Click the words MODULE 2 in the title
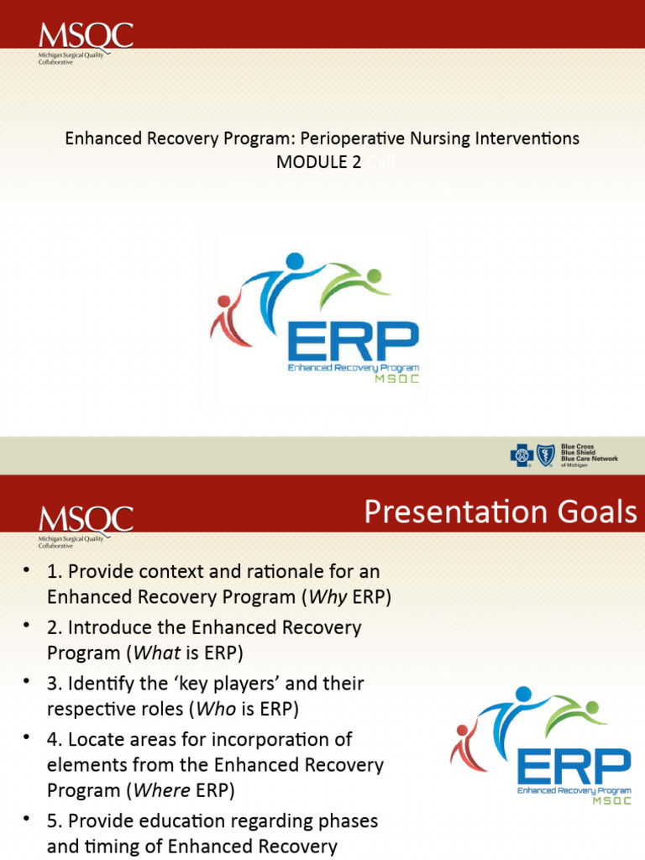(x=312, y=162)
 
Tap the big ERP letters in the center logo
(x=353, y=341)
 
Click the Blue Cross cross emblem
(x=522, y=456)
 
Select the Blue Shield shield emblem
(x=547, y=456)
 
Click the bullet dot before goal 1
(x=27, y=571)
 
